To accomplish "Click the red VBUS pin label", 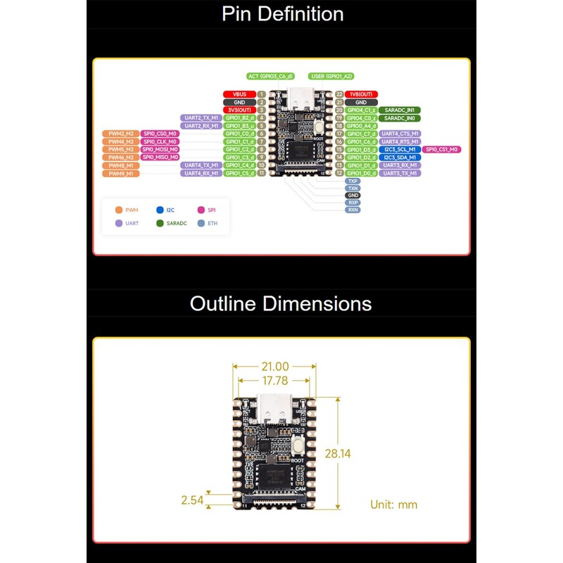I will point(239,94).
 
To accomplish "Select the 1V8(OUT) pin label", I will point(362,94).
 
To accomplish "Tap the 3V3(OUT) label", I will point(239,110).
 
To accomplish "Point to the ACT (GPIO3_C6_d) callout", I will point(271,76).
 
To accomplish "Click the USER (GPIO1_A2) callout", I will point(331,76).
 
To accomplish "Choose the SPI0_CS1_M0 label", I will point(442,149).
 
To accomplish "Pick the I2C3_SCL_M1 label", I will point(400,149).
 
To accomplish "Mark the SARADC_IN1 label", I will point(400,110).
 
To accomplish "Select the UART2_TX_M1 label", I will point(201,118).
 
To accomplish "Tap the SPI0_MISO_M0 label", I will point(160,157).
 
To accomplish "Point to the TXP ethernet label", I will point(353,181).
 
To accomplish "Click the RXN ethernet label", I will point(353,210).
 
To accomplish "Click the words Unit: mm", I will point(393,505).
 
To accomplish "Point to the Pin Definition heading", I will point(282,14).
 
